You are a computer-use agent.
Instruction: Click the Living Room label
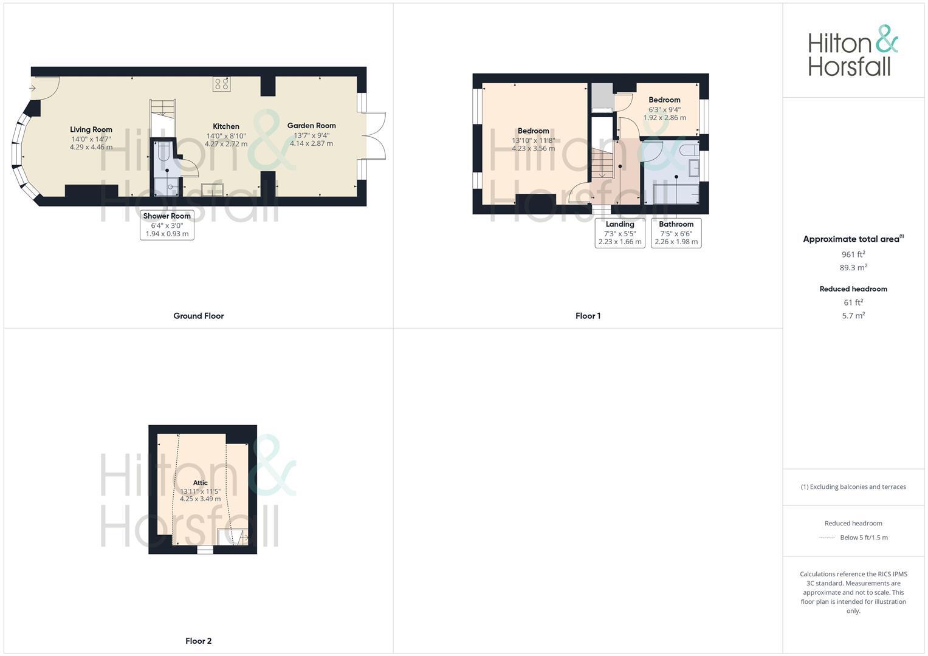point(91,129)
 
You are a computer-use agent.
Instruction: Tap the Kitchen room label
point(225,126)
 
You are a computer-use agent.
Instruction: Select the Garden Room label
point(311,126)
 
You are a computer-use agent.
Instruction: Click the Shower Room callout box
point(167,225)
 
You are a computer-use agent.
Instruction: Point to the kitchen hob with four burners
point(221,84)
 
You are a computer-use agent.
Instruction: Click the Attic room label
point(200,483)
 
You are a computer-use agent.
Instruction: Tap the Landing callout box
point(620,233)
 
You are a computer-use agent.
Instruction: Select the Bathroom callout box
point(676,233)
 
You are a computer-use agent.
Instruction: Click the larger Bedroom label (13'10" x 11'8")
point(533,131)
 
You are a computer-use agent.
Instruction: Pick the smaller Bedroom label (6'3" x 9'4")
point(664,100)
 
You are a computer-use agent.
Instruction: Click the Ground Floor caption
point(199,316)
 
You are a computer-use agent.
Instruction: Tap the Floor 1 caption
point(588,316)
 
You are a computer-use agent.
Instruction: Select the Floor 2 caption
point(199,641)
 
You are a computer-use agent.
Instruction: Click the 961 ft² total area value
point(853,255)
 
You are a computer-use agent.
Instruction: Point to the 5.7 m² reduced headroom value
point(853,316)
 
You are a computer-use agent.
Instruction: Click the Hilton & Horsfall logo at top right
point(853,51)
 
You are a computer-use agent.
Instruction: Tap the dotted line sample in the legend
point(827,538)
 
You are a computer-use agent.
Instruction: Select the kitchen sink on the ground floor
point(212,190)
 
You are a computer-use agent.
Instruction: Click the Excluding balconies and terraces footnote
point(853,487)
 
